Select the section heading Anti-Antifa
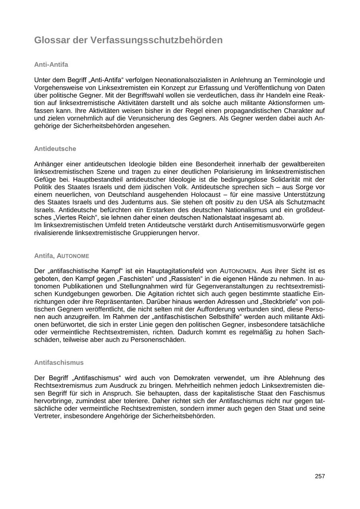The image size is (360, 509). pos(51,64)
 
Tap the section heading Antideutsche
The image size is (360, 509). pos(55,148)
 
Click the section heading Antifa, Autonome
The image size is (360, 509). pos(62,256)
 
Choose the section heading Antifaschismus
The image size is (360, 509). pos(59,363)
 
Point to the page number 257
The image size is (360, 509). pos(320,476)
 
